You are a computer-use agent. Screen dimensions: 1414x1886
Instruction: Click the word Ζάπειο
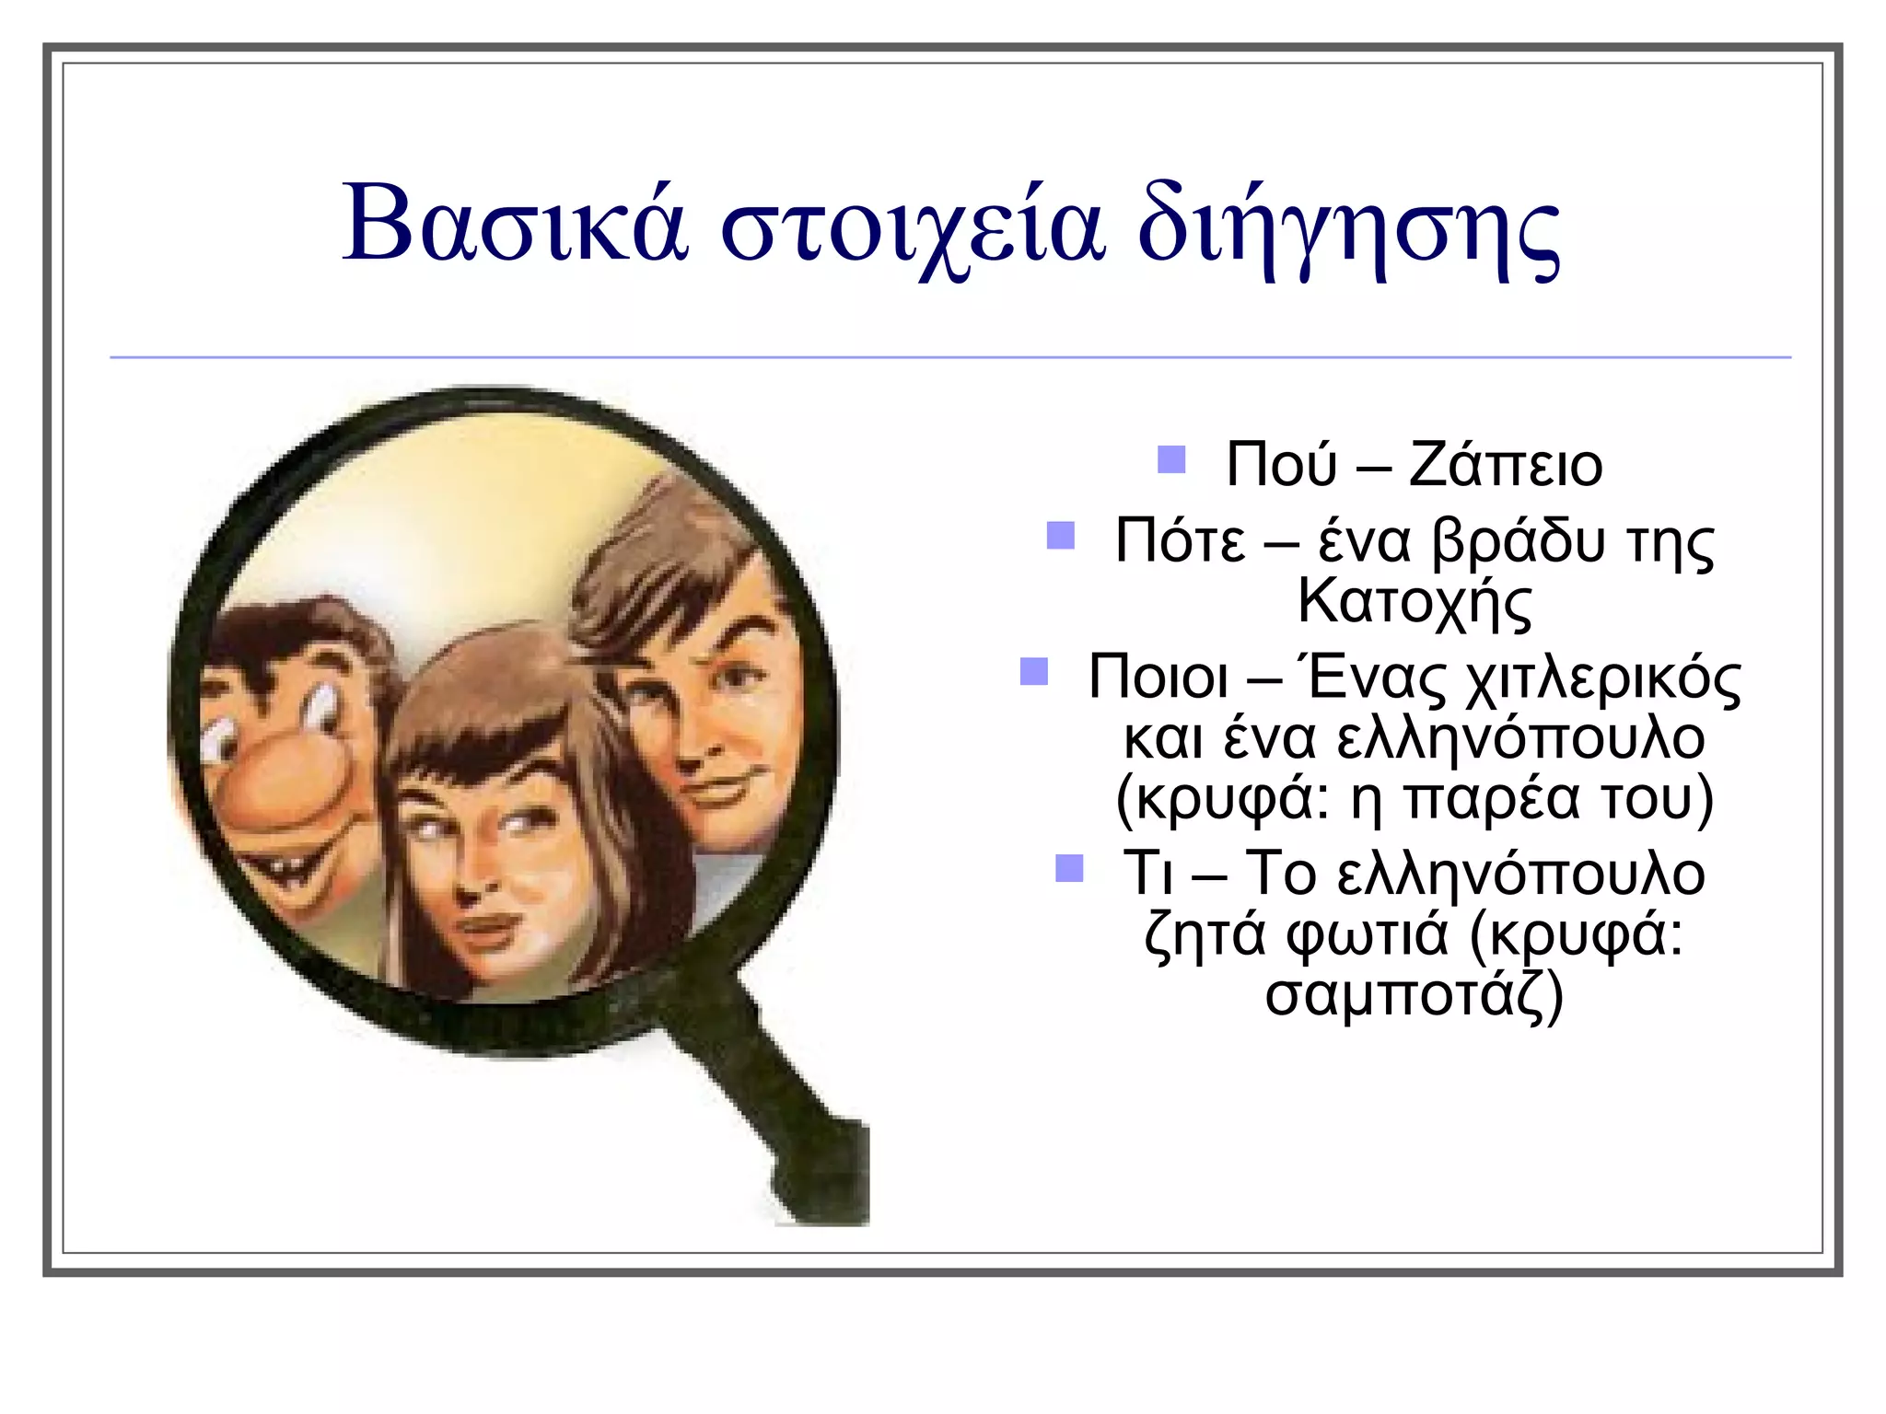pos(1506,465)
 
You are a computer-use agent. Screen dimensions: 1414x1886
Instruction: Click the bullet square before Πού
pos(1170,459)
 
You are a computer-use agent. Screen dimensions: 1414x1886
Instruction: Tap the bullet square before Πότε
pos(1060,535)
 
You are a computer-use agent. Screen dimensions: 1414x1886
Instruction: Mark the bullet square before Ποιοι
pos(1034,672)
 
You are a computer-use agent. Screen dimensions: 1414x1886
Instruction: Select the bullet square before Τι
pos(1068,867)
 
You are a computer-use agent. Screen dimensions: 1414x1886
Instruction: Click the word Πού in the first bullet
pos(1280,465)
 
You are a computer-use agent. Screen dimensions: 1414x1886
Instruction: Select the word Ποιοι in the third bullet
pos(1158,679)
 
